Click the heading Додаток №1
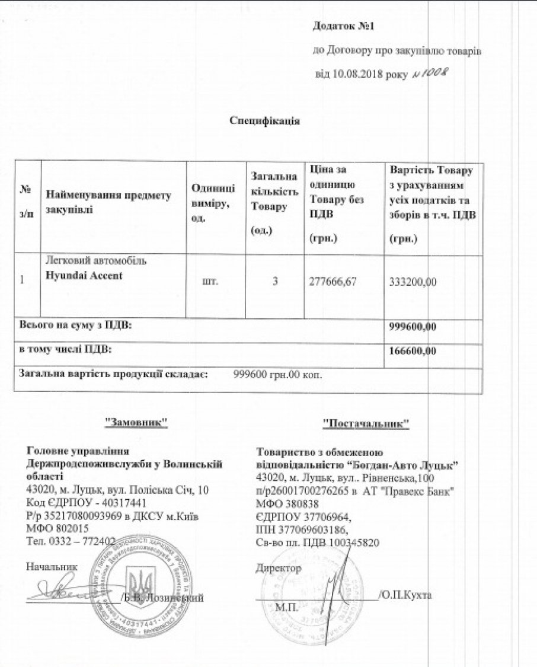pyautogui.click(x=344, y=27)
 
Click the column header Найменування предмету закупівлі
pyautogui.click(x=108, y=202)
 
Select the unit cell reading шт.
pyautogui.click(x=210, y=281)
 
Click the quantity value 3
pyautogui.click(x=275, y=281)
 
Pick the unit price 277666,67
pyautogui.click(x=333, y=281)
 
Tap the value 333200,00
pyautogui.click(x=414, y=282)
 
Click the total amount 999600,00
pyautogui.click(x=414, y=325)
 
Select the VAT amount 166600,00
pyautogui.click(x=414, y=350)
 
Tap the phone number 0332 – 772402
pyautogui.click(x=82, y=541)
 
